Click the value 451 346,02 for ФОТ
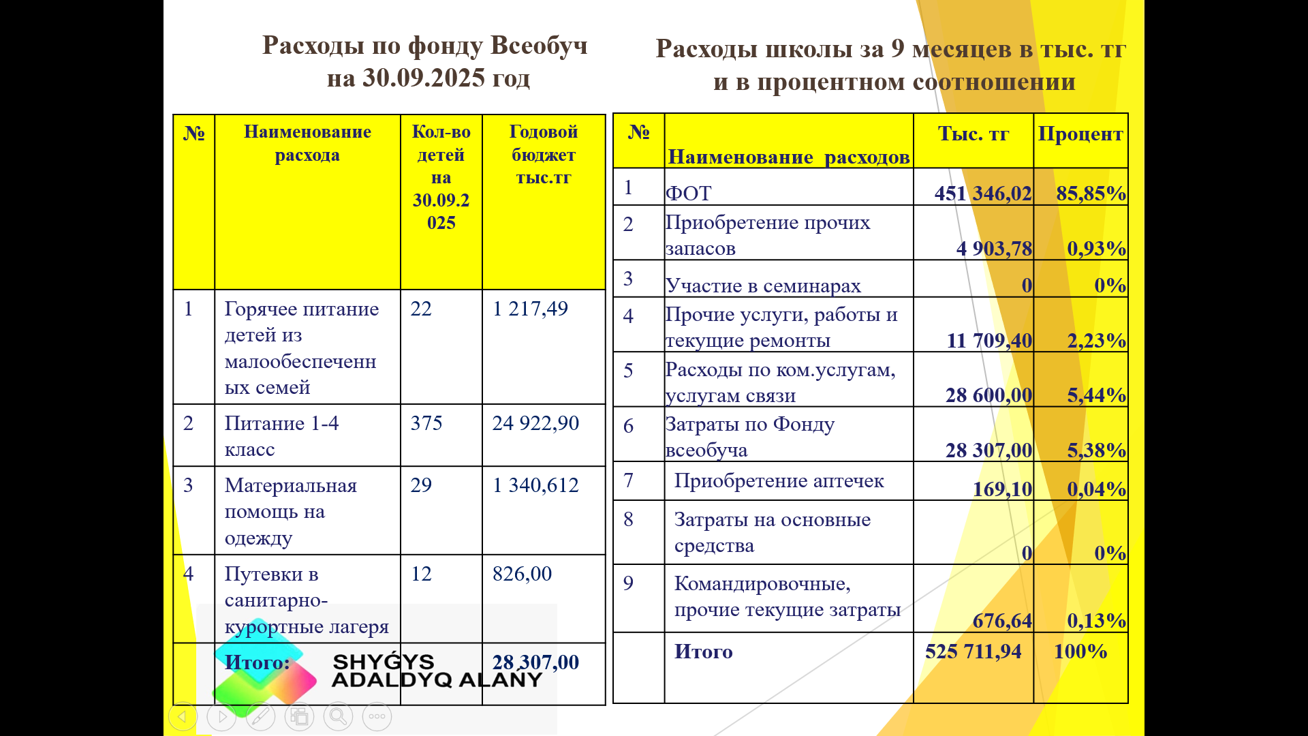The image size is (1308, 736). (982, 194)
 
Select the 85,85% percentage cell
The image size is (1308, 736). (1090, 194)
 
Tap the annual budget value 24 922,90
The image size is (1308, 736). (535, 423)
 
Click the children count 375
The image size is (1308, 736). (426, 423)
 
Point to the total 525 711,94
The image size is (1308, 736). (973, 651)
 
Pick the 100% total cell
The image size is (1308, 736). (1080, 651)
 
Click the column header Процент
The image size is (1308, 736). (1080, 134)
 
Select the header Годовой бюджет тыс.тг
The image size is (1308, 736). (543, 155)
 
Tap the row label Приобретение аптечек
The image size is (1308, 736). (779, 481)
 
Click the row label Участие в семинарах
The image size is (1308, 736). (763, 286)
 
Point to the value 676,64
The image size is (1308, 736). (1001, 621)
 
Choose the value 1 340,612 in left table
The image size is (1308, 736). (535, 485)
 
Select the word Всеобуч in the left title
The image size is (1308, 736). (538, 46)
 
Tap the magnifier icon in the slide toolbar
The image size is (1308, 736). (338, 716)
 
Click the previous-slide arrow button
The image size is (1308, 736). (183, 716)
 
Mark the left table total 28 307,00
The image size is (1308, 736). (535, 662)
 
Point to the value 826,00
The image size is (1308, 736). (522, 574)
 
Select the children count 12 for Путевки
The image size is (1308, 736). (421, 574)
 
